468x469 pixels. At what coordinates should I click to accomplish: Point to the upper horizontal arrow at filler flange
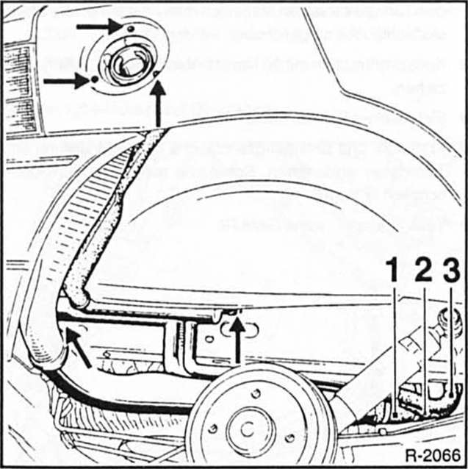pos(99,26)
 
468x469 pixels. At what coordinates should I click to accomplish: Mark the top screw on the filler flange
pos(129,28)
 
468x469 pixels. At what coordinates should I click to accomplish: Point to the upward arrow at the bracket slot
pos(237,338)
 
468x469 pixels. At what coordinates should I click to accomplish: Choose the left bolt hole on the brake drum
pos(213,428)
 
